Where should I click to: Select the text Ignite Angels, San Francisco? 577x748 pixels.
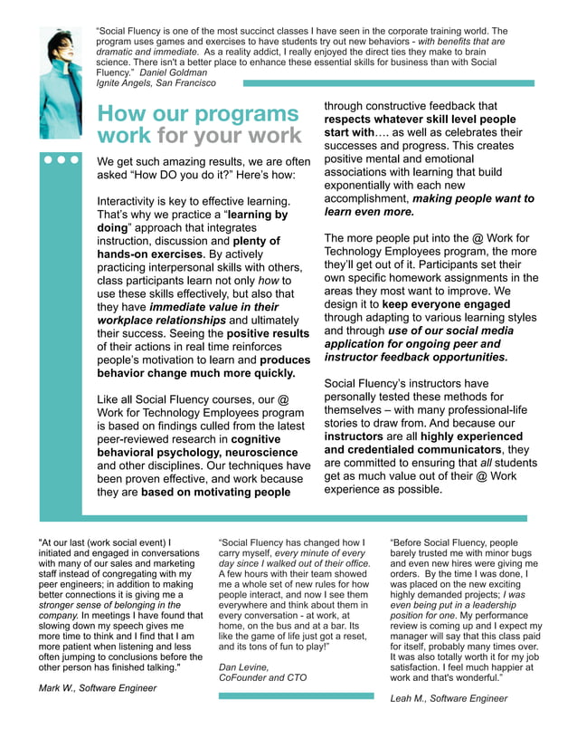coord(156,82)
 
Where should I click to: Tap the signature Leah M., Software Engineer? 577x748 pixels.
coord(449,698)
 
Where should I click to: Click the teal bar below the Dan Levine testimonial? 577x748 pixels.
coord(296,695)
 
